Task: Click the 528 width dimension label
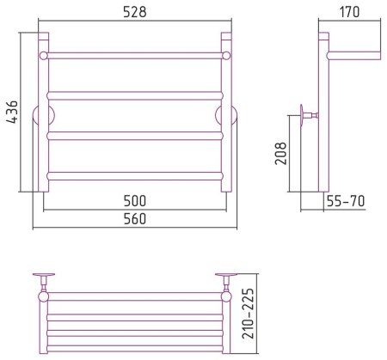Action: click(135, 12)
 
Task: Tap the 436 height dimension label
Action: click(12, 112)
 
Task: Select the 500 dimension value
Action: click(135, 201)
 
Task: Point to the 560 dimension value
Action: click(135, 219)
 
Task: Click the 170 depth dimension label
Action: click(349, 12)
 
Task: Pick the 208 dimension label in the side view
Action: click(281, 153)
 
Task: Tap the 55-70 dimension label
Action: click(346, 201)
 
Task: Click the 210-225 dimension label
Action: click(249, 314)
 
